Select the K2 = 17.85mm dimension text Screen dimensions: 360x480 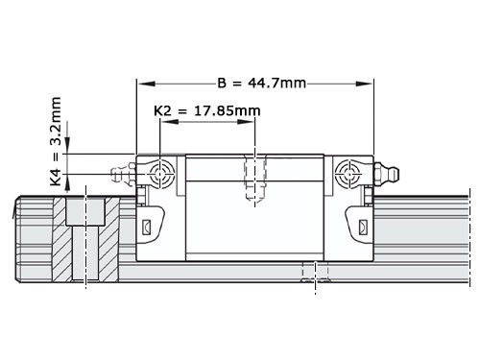(206, 111)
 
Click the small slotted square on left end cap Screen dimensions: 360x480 (146, 228)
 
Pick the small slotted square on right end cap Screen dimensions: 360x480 (362, 228)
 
